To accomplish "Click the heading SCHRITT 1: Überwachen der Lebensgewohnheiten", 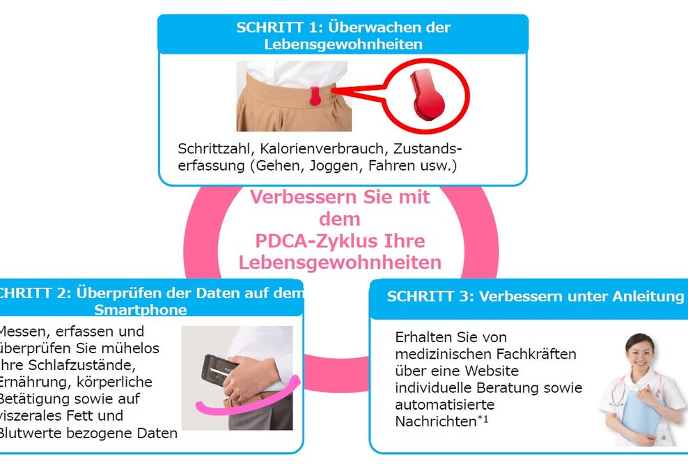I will click(343, 36).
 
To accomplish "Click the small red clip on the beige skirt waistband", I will click(317, 96).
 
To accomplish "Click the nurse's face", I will click(638, 348).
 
